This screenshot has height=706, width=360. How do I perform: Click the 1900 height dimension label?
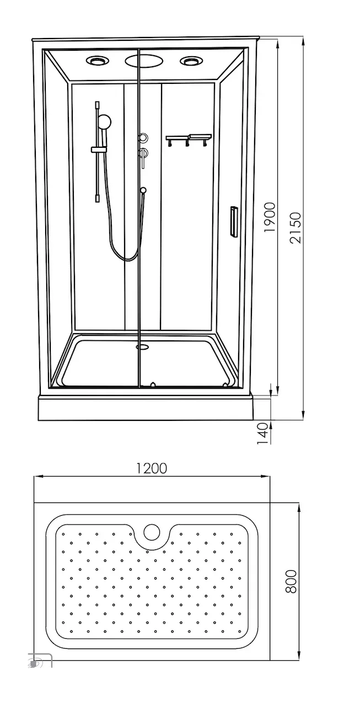click(270, 217)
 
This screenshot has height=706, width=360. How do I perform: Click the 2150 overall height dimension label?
click(295, 228)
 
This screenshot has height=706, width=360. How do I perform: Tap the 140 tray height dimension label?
click(262, 434)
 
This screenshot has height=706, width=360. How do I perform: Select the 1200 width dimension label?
click(152, 468)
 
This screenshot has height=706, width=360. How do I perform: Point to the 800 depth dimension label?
click(291, 582)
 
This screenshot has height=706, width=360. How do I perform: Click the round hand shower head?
click(105, 121)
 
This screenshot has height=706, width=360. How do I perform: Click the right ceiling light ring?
click(189, 61)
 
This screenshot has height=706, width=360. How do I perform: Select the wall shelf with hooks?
click(189, 139)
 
